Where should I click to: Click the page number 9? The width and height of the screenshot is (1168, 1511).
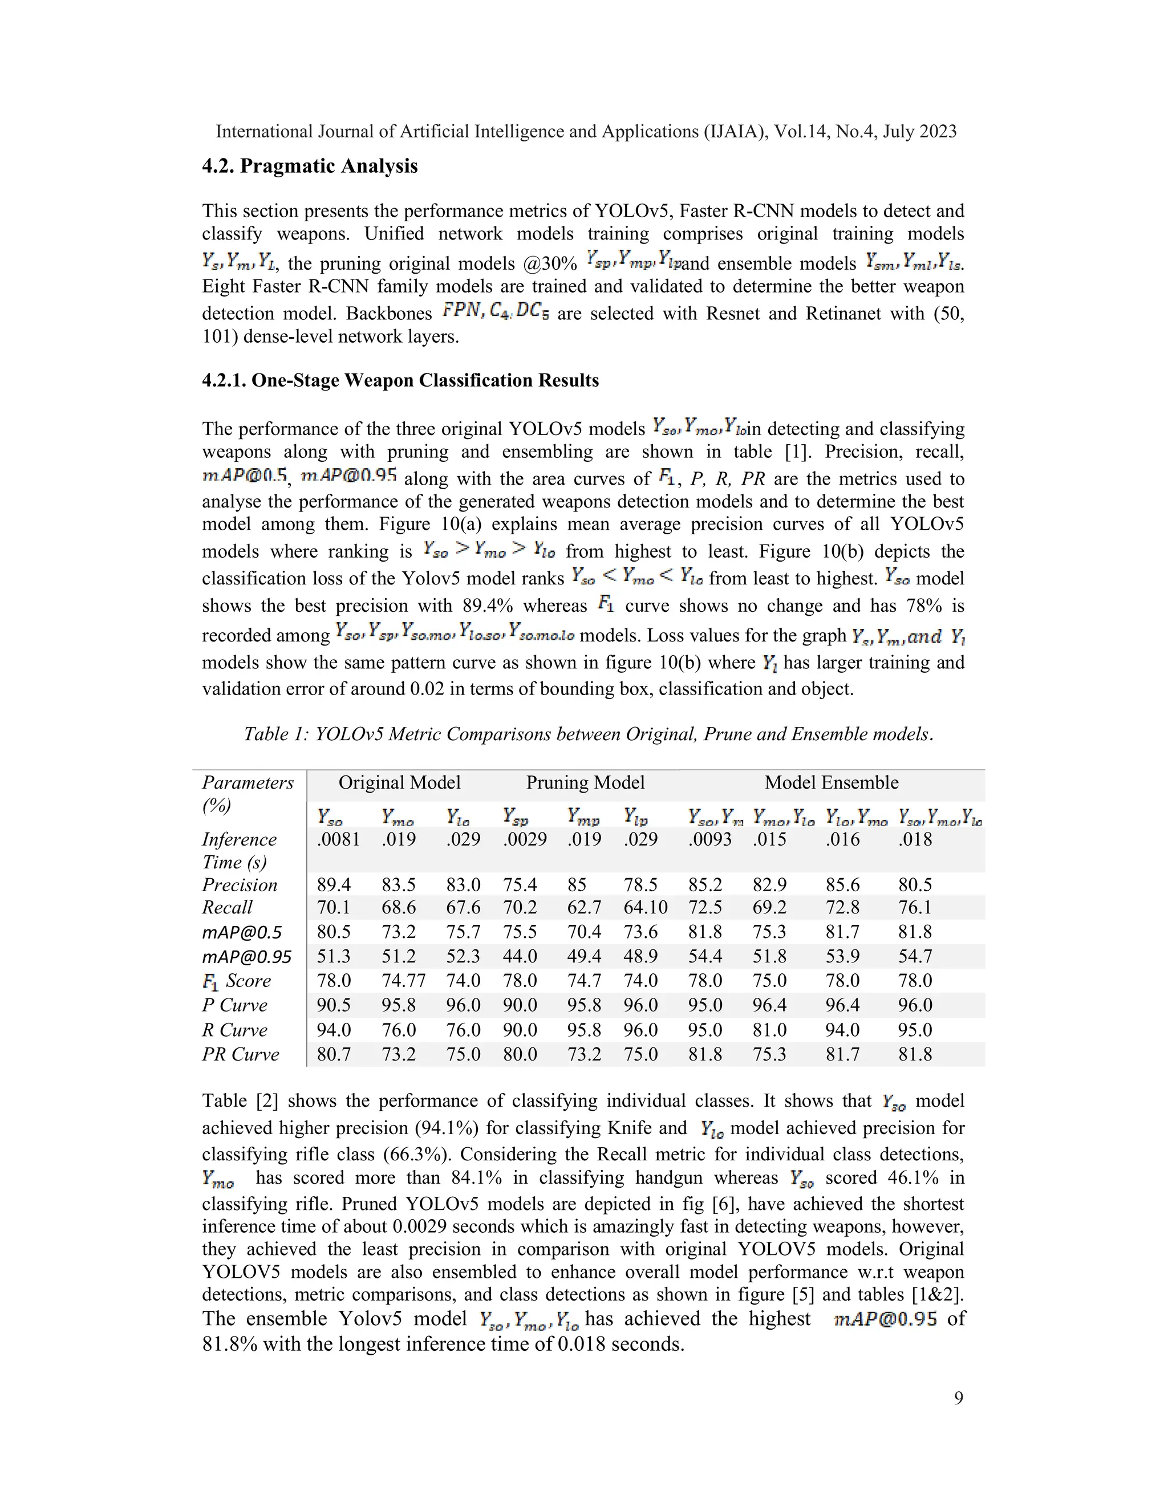click(958, 1398)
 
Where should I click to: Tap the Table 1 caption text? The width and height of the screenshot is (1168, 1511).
click(588, 734)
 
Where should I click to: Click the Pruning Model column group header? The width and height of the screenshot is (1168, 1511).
click(585, 782)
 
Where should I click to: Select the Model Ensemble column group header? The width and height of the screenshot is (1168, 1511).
click(831, 782)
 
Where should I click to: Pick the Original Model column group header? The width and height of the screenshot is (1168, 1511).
click(399, 782)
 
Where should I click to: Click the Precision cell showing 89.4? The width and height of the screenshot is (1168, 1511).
click(334, 885)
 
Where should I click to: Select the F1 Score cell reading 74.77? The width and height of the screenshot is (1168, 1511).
click(403, 981)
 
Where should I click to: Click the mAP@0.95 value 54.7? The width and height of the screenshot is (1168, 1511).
click(915, 957)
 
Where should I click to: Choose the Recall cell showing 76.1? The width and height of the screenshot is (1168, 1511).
click(915, 907)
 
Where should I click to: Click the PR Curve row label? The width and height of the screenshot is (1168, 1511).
click(241, 1054)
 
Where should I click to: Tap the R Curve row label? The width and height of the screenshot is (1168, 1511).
click(234, 1030)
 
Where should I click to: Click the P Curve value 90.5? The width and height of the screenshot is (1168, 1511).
click(334, 1005)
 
